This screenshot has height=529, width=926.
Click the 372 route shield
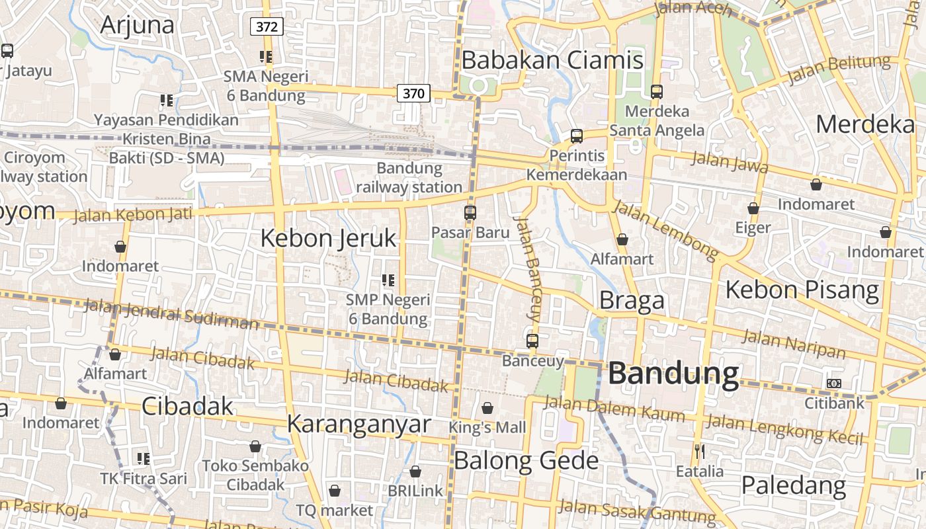267,26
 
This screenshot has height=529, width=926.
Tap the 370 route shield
413,93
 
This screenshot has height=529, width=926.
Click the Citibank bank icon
834,384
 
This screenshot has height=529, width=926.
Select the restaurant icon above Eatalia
699,452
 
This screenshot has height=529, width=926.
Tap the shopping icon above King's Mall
487,408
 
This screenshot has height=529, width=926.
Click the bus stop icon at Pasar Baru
470,213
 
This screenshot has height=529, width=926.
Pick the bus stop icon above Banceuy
532,341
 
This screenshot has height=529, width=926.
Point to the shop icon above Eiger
753,208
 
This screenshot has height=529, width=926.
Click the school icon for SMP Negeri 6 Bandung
388,280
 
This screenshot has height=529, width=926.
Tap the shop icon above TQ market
335,491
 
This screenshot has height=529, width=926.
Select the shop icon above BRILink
415,471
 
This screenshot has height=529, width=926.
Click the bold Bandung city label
673,374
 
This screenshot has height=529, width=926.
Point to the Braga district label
632,301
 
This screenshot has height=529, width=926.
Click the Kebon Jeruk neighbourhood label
328,238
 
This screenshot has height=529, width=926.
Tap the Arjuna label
138,24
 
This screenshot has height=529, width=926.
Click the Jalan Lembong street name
666,229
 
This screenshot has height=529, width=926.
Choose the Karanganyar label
359,424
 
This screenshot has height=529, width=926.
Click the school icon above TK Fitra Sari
144,458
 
